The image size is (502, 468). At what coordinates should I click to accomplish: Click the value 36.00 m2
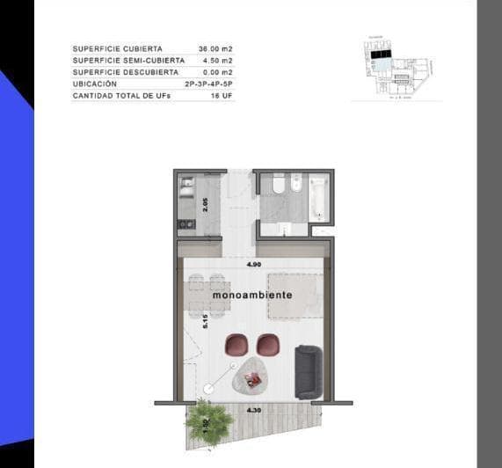[216, 49]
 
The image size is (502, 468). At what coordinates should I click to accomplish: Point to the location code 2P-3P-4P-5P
[209, 84]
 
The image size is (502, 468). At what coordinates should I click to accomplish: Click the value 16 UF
[222, 95]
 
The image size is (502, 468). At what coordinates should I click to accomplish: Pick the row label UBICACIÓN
[95, 84]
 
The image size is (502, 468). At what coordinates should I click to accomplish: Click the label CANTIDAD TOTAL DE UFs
[121, 95]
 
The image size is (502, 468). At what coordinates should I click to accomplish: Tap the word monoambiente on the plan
[252, 296]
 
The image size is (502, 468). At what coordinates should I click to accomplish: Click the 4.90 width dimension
[253, 263]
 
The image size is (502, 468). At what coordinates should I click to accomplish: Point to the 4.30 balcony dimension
[254, 411]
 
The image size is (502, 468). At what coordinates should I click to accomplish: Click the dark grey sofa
[308, 371]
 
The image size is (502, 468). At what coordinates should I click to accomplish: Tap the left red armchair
[237, 345]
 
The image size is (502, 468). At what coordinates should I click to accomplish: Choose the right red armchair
[267, 346]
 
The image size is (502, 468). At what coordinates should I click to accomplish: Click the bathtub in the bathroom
[318, 198]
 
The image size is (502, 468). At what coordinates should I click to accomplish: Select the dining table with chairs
[208, 296]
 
